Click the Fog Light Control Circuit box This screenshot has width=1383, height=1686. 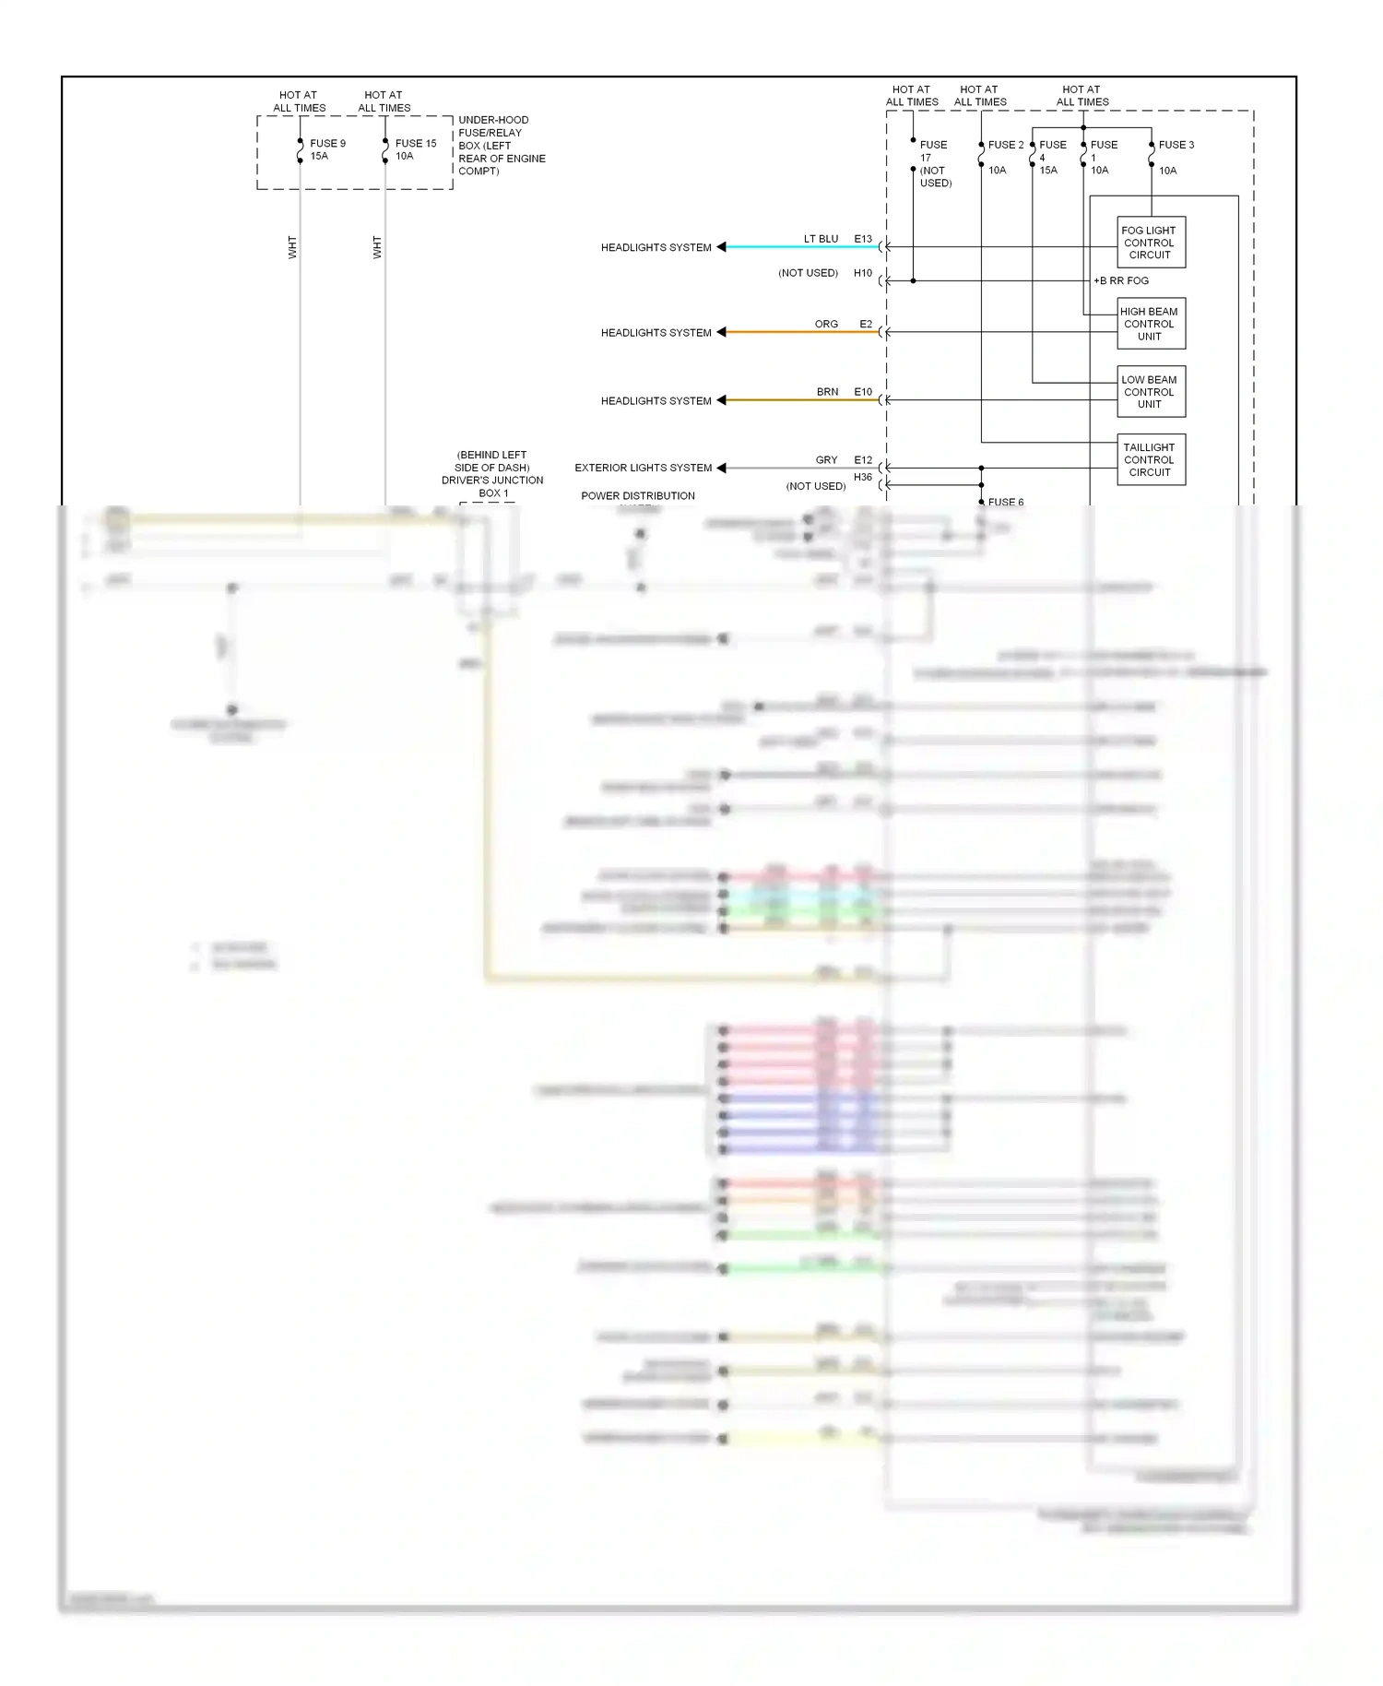[x=1150, y=243]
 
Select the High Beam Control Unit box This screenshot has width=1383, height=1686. [x=1150, y=324]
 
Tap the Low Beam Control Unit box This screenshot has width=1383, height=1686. [x=1150, y=392]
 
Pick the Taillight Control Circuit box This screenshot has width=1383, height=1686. [x=1150, y=459]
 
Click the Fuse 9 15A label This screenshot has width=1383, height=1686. [x=327, y=149]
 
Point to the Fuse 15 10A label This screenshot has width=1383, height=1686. [x=415, y=149]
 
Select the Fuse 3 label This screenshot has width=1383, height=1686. [x=1176, y=145]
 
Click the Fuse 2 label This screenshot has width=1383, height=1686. [x=1005, y=145]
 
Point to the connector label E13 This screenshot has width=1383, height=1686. [x=863, y=239]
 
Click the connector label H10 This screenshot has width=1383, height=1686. [x=863, y=273]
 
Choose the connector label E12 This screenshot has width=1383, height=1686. [x=863, y=460]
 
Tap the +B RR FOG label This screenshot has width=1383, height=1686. [x=1121, y=280]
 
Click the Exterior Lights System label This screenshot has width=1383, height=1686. [x=644, y=468]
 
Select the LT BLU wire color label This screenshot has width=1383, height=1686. [x=821, y=239]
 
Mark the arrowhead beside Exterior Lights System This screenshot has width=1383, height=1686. [x=722, y=468]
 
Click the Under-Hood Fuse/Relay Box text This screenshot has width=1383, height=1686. [x=501, y=146]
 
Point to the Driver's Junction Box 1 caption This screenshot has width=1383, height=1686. [x=492, y=474]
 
